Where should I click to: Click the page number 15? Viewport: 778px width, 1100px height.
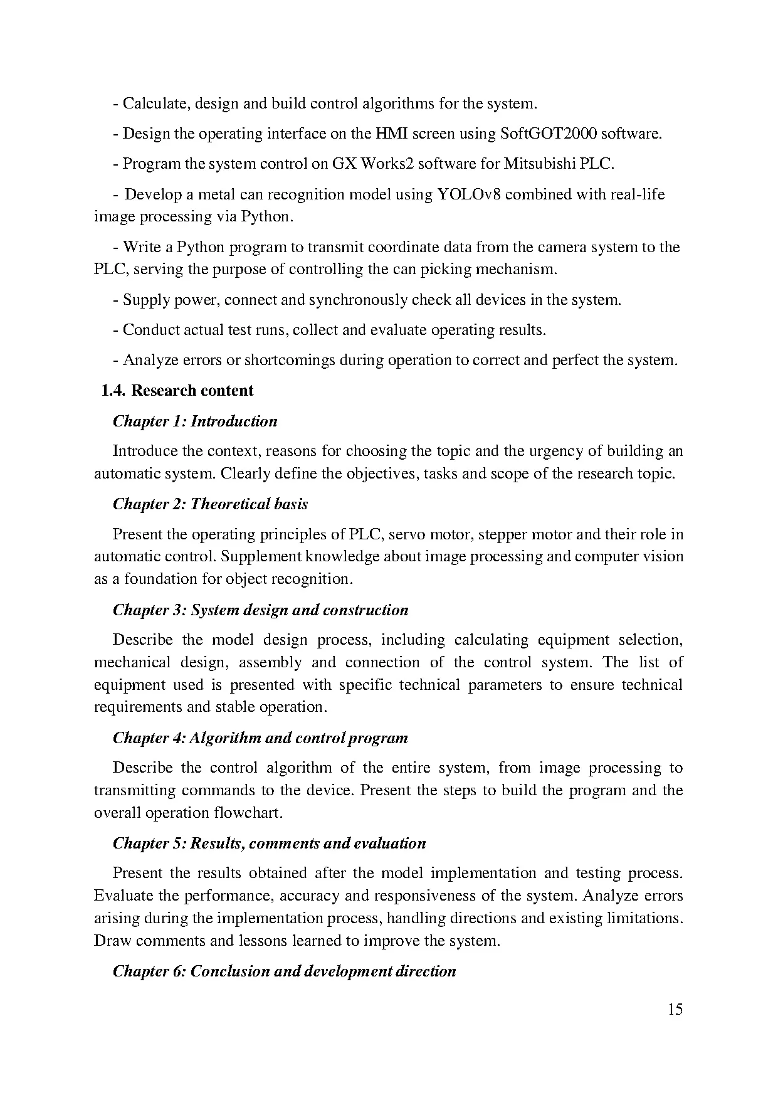tap(675, 1009)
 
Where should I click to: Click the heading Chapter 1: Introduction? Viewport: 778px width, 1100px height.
tap(195, 421)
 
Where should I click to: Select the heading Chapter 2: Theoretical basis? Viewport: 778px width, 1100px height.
tap(210, 504)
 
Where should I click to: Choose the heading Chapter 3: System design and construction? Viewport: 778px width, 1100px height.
tap(260, 610)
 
